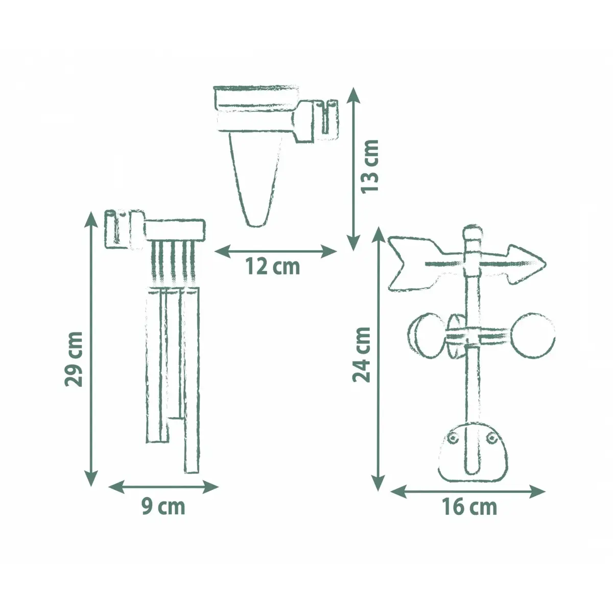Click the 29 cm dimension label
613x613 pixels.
(x=74, y=359)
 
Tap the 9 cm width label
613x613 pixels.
(x=163, y=507)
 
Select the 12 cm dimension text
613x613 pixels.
(x=273, y=267)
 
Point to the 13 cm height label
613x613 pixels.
(x=370, y=166)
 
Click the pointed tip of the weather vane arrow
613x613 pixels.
(x=545, y=264)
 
